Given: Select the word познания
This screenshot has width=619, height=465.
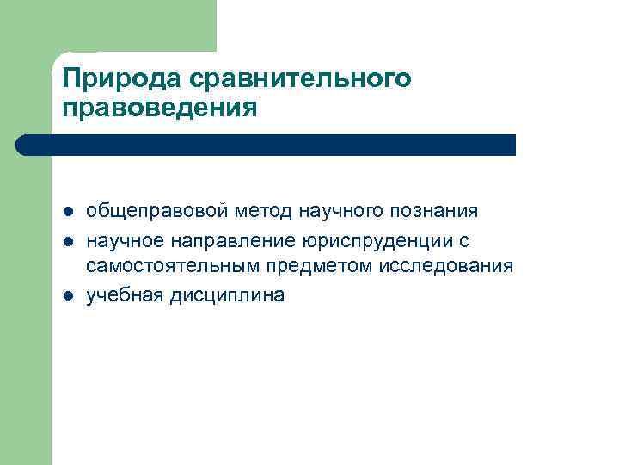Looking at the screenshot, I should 435,212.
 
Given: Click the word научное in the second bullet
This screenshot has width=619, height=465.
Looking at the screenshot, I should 122,239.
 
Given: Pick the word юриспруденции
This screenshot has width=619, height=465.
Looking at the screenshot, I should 365,239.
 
